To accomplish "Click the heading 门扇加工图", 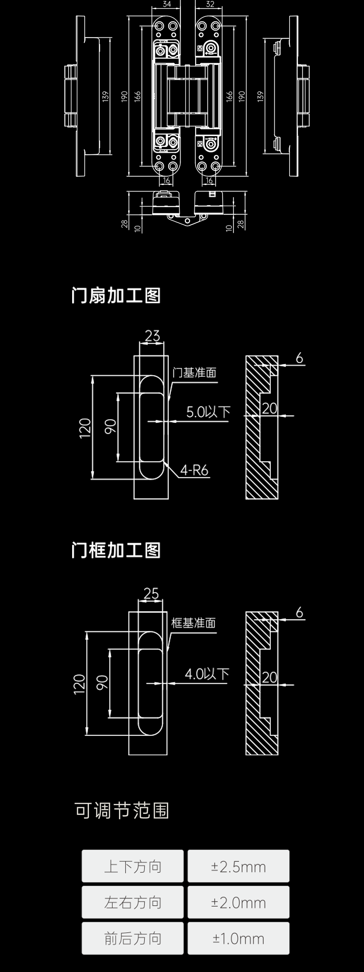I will pyautogui.click(x=116, y=296).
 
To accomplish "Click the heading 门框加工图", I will pyautogui.click(x=116, y=550).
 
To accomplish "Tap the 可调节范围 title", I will pyautogui.click(x=121, y=811).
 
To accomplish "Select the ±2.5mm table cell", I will pyautogui.click(x=238, y=867).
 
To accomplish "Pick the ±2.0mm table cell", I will pyautogui.click(x=238, y=903).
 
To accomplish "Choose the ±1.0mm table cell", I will pyautogui.click(x=238, y=938).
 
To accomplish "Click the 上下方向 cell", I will pyautogui.click(x=133, y=867).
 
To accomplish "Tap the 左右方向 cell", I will pyautogui.click(x=133, y=903).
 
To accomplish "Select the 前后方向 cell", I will pyautogui.click(x=133, y=938).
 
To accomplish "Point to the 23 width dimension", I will pyautogui.click(x=152, y=335).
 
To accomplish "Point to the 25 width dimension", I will pyautogui.click(x=151, y=594).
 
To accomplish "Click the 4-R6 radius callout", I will pyautogui.click(x=194, y=470).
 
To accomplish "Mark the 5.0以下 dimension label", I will pyautogui.click(x=208, y=412).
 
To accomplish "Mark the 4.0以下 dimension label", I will pyautogui.click(x=207, y=674).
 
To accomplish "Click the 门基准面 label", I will pyautogui.click(x=194, y=373).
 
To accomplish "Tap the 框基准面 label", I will pyautogui.click(x=193, y=623).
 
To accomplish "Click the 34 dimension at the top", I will pyautogui.click(x=167, y=4).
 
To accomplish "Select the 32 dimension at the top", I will pyautogui.click(x=210, y=4).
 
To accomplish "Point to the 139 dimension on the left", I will pyautogui.click(x=105, y=96).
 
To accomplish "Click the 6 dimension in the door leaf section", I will pyautogui.click(x=300, y=358).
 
